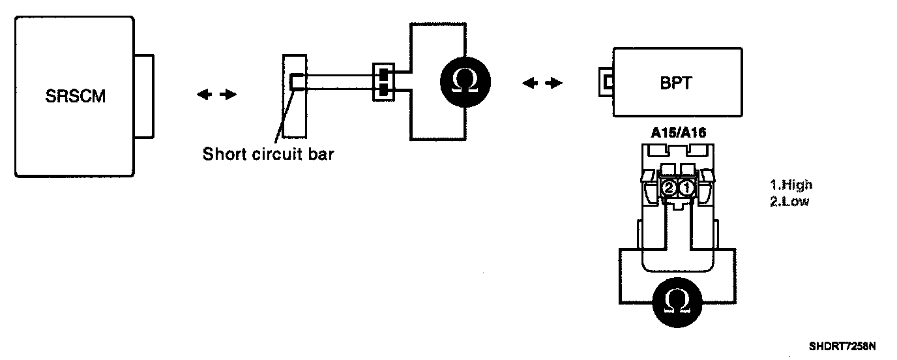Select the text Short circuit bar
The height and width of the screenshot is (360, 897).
coord(268,155)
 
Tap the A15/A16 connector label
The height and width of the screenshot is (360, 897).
coord(678,132)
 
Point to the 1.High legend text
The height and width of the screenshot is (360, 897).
coord(791,185)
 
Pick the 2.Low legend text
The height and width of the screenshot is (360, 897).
coord(789,201)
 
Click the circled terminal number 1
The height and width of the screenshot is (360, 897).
coord(686,188)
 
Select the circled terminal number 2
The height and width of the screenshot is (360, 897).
coord(669,188)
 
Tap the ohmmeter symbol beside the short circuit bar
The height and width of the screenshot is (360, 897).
coord(464,81)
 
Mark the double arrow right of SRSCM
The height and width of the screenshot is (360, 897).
coord(216,95)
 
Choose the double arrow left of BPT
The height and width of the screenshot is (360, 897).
coord(542,83)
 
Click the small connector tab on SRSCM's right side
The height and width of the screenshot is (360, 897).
coord(145,97)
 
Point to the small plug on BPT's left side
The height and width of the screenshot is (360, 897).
coord(606,82)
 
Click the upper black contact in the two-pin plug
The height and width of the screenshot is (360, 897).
coord(383,74)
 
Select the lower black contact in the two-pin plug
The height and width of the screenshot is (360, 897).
coord(383,88)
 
